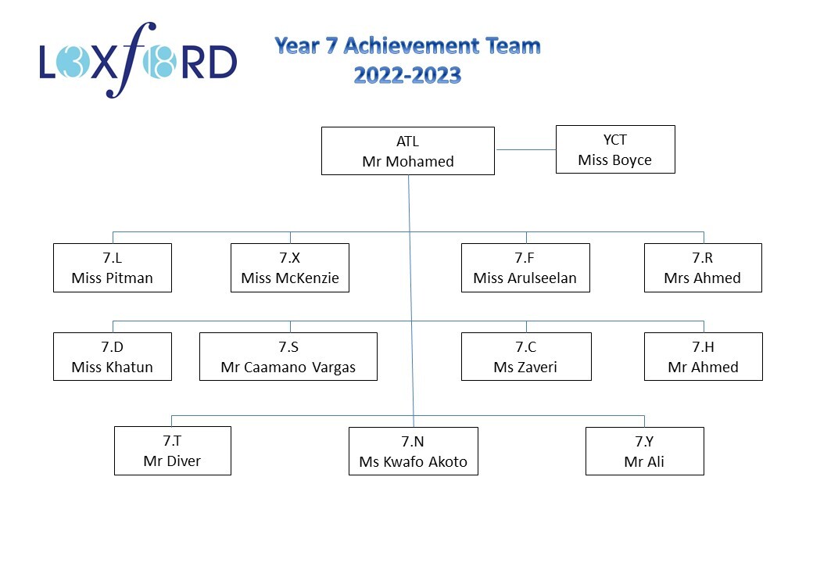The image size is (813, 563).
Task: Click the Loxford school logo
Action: tap(138, 61)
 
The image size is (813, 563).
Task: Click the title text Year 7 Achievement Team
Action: tap(407, 45)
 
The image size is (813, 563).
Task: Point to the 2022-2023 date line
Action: tap(407, 76)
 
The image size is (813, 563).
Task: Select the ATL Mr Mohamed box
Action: tap(408, 151)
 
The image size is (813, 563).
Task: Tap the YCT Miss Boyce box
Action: tap(615, 149)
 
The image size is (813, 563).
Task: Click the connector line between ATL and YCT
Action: tap(526, 150)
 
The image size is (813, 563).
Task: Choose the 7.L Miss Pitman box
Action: tap(113, 268)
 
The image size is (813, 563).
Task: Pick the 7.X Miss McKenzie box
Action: tap(290, 268)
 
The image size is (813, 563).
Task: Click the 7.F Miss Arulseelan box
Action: tap(526, 268)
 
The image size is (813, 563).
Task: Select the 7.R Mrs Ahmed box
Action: tap(703, 268)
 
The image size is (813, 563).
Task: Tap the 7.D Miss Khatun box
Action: tap(113, 357)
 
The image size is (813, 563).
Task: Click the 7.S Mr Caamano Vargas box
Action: tap(288, 357)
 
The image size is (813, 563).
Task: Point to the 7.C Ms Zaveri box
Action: tap(526, 357)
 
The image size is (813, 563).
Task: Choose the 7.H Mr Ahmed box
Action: tap(704, 357)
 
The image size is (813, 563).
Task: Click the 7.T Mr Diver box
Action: tap(173, 451)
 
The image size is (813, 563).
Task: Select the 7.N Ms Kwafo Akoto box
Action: tap(414, 451)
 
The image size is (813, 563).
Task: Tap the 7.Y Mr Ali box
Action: tap(645, 451)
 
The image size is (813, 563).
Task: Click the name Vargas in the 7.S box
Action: tap(334, 368)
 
